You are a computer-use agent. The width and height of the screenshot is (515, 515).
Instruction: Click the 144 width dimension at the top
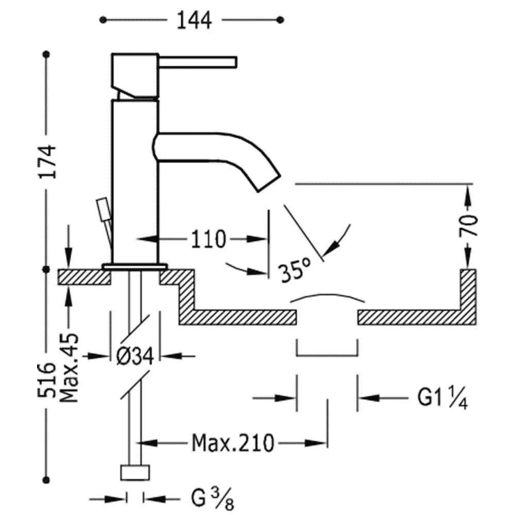[194, 20]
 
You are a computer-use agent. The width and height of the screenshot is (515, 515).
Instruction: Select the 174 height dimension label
[47, 161]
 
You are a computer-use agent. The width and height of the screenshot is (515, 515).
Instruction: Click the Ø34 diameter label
[135, 355]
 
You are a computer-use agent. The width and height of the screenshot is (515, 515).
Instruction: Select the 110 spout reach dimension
[209, 239]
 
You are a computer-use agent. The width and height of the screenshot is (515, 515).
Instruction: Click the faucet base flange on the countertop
[135, 266]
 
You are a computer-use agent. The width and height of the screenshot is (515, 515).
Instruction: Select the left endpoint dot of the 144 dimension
[103, 20]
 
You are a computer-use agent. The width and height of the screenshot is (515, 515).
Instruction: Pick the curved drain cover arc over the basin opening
[328, 297]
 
